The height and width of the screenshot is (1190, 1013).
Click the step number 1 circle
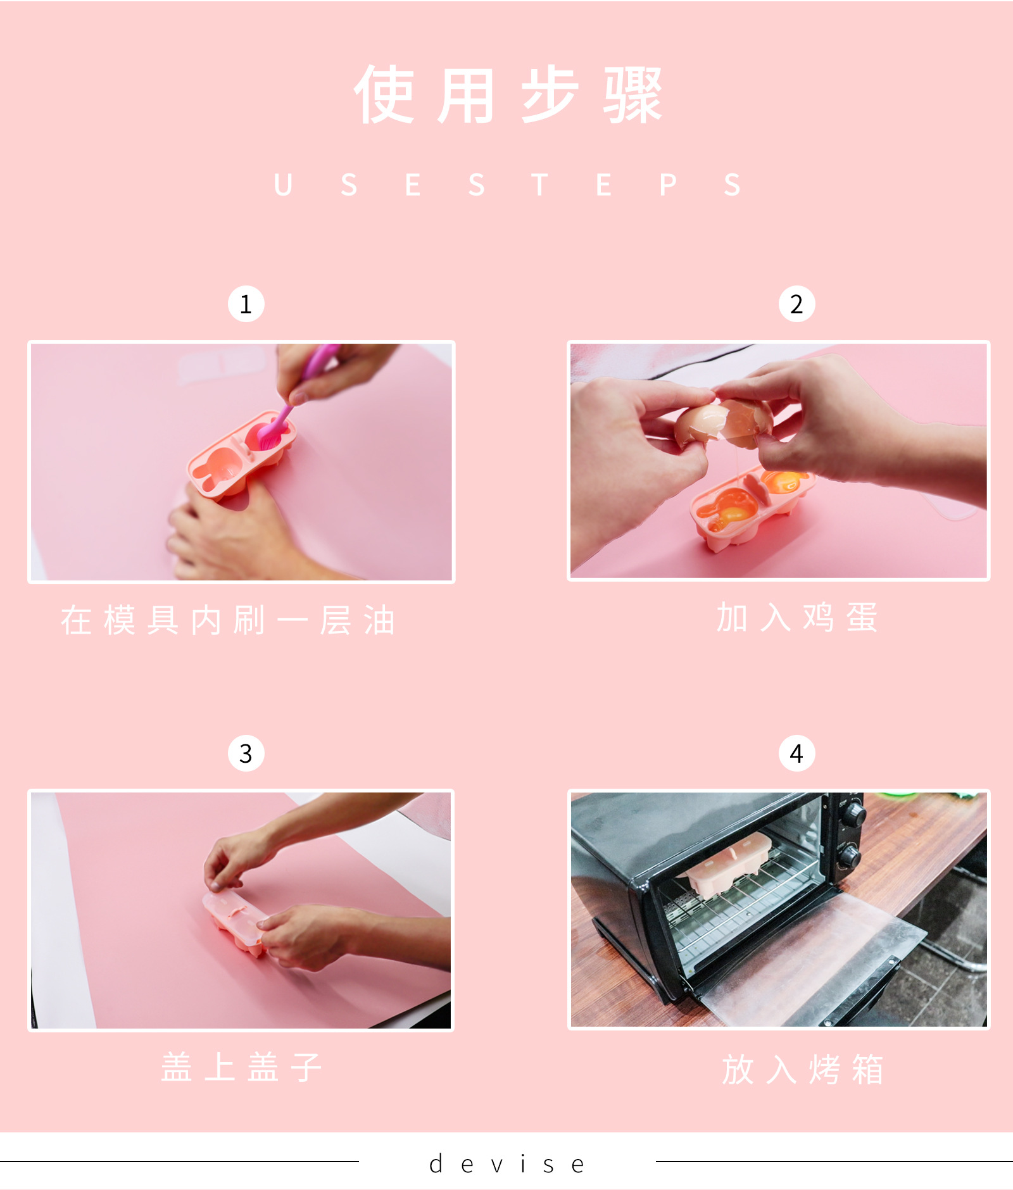point(246,304)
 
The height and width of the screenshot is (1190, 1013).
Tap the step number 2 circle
point(796,304)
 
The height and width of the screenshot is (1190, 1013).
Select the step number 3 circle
point(246,753)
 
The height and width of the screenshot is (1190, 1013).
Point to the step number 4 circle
point(796,753)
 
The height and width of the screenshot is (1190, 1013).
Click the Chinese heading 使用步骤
point(508,95)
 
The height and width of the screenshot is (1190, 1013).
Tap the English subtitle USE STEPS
point(507,185)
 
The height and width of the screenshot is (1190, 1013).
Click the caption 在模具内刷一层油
point(228,620)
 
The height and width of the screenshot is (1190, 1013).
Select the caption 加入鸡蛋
point(797,618)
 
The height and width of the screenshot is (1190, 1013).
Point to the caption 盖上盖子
point(242,1067)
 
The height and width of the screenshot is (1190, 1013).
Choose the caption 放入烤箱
point(803,1070)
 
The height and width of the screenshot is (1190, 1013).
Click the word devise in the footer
point(507,1164)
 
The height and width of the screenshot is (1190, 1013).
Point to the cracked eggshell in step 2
point(724,420)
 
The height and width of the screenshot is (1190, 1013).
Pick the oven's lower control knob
point(850,856)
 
